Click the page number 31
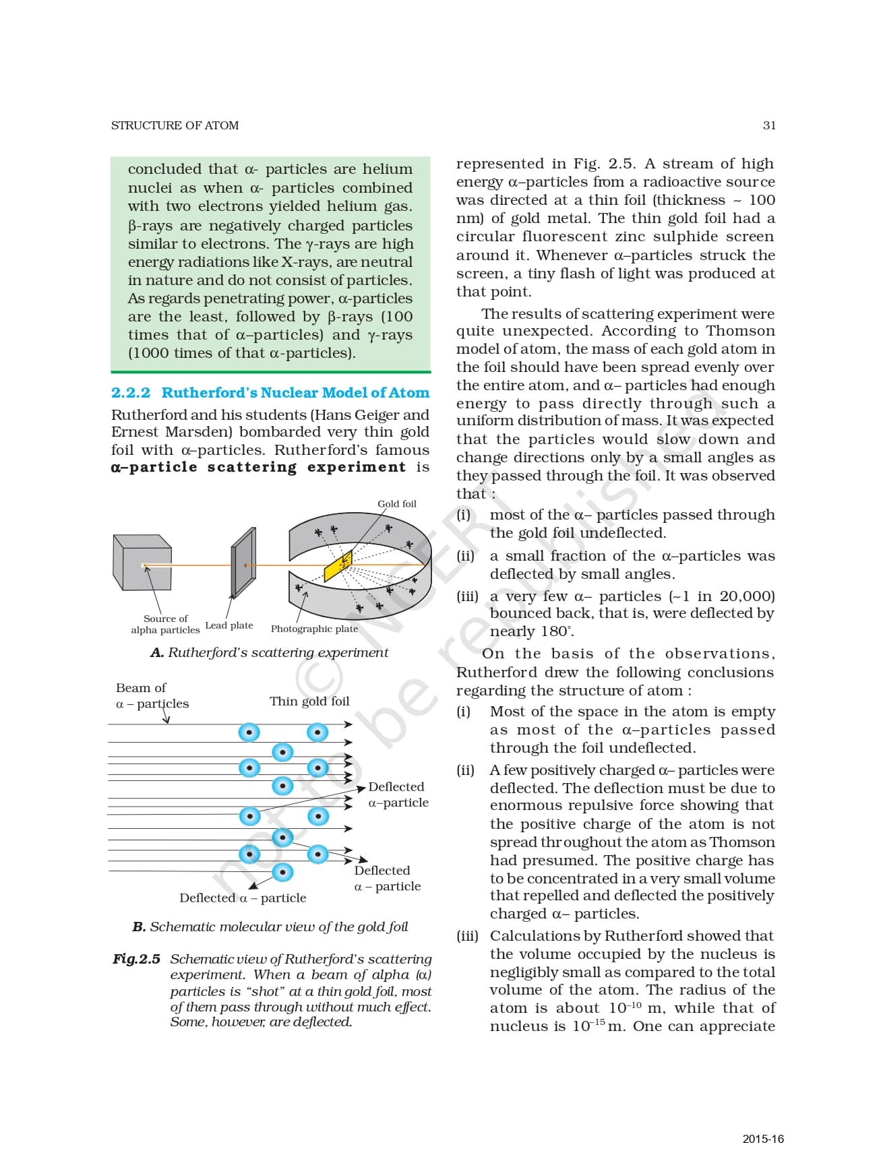pos(769,125)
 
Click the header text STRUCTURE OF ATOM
pos(175,125)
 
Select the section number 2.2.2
pos(131,392)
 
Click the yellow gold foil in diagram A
pos(338,564)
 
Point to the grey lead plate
pos(243,562)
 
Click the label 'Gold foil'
pos(397,503)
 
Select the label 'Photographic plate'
pos(314,629)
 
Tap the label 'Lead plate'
pos(229,625)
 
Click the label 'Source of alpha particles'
pos(165,624)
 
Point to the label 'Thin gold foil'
pos(309,701)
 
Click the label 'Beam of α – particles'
pos(152,695)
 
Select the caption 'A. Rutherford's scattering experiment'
pos(270,652)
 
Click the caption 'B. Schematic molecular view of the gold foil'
pos(270,927)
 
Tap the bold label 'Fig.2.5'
pos(136,958)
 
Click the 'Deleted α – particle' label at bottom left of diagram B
pos(243,898)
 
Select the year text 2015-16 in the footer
pos(764,1139)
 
